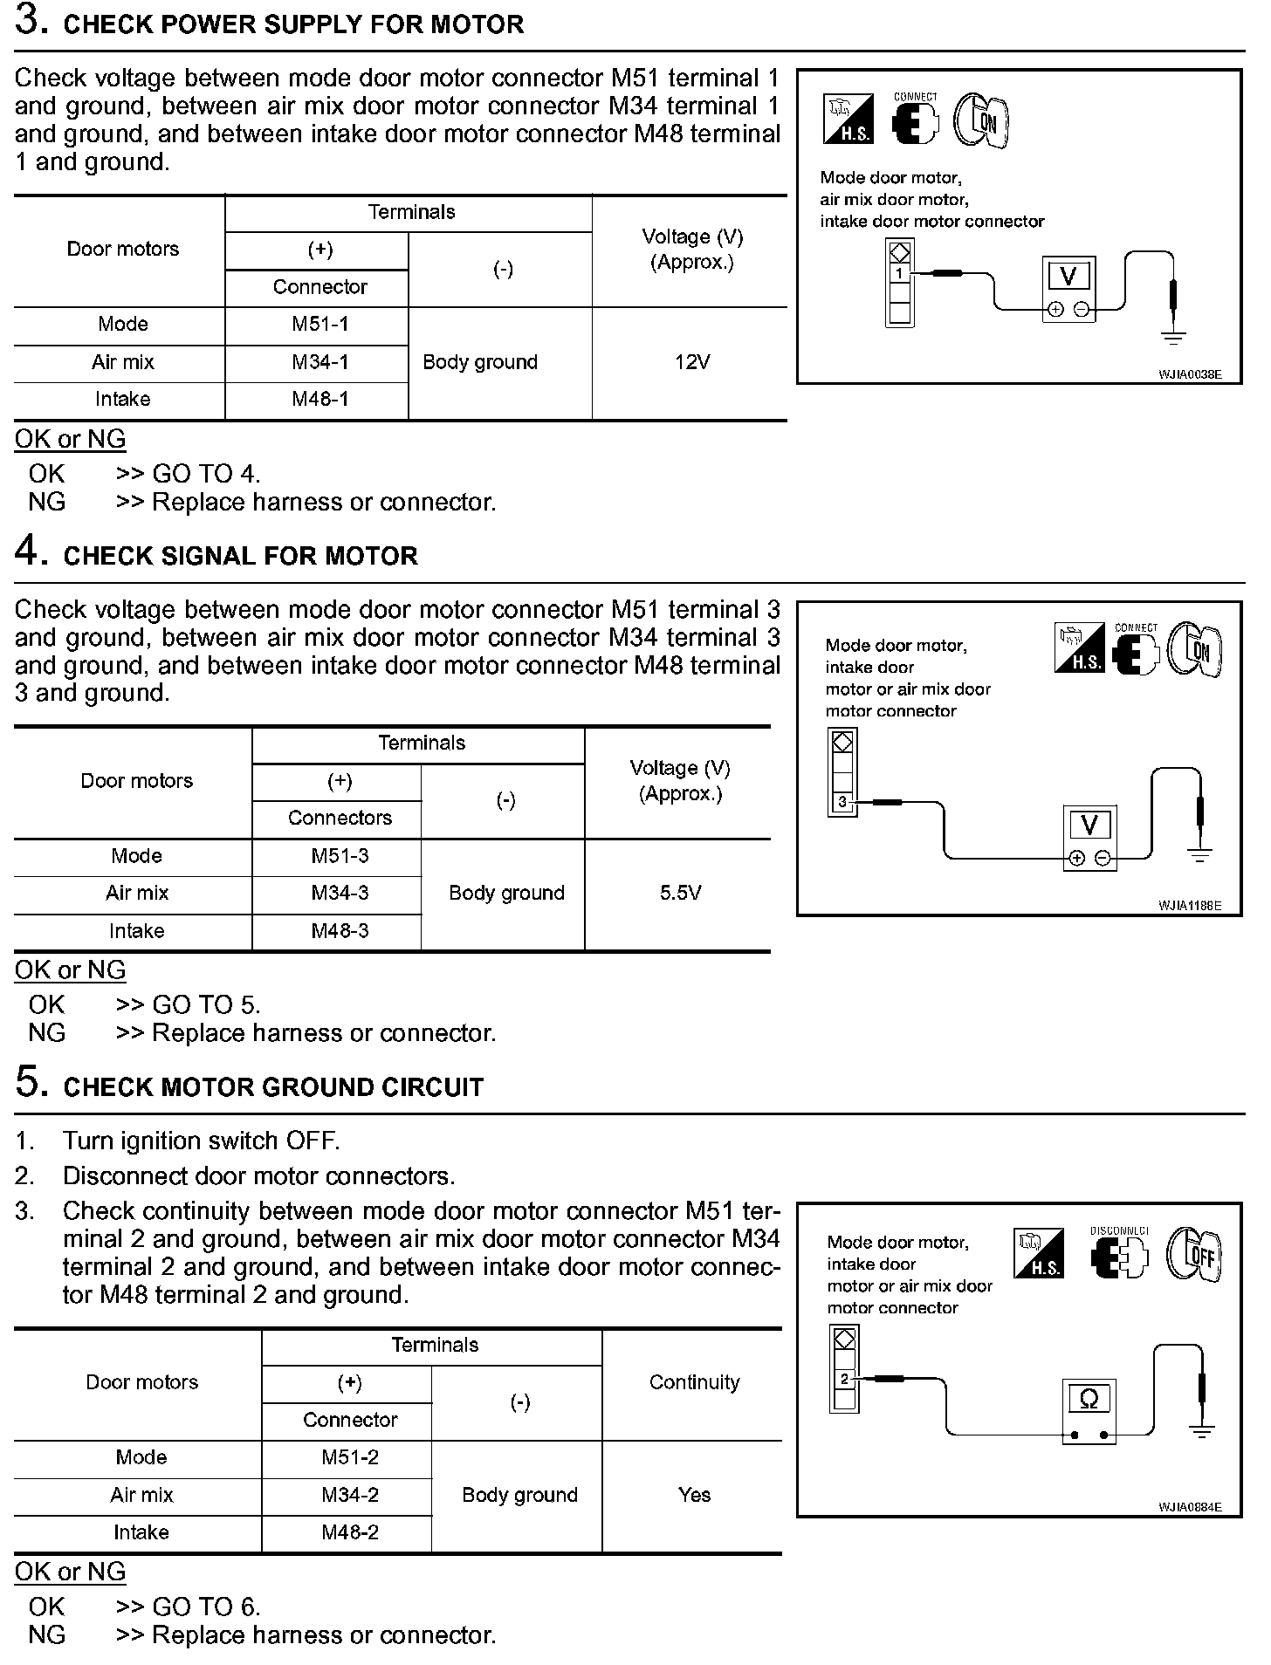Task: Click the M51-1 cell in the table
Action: (x=319, y=325)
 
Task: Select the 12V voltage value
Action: (x=691, y=362)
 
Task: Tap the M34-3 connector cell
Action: (x=340, y=894)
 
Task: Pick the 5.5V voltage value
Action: (x=680, y=894)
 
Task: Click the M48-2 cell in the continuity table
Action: (x=349, y=1533)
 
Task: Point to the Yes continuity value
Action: (x=694, y=1495)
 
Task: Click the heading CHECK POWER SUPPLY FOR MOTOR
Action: (x=293, y=24)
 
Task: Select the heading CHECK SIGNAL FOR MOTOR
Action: (x=240, y=556)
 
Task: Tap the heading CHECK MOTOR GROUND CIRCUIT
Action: (x=273, y=1087)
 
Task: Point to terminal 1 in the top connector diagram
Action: (x=899, y=274)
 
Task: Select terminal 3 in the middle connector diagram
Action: (x=842, y=801)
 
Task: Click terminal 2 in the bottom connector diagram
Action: (x=844, y=1380)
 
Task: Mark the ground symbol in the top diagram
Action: (x=1174, y=336)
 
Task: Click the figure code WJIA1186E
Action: (x=1189, y=906)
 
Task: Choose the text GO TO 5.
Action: (x=206, y=1004)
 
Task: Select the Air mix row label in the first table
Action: (x=122, y=362)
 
